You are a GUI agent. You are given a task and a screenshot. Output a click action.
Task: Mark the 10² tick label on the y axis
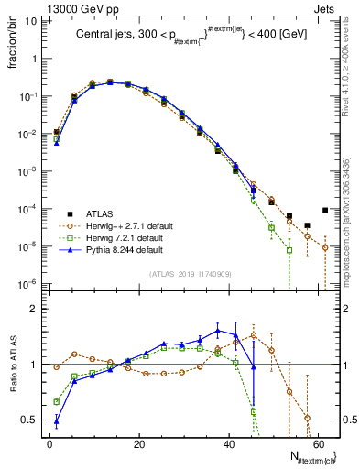pos(31,20)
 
